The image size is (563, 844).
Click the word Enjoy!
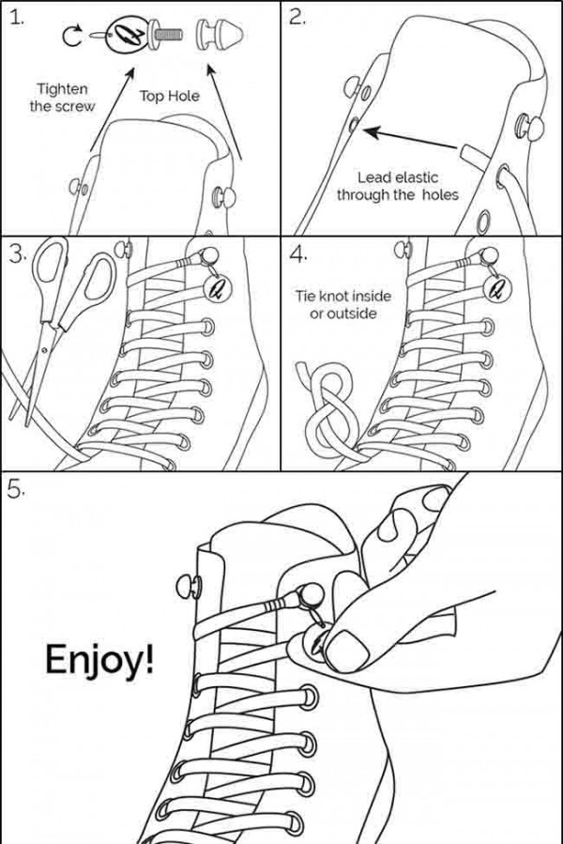[x=98, y=660]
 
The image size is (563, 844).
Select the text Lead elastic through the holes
[x=398, y=186]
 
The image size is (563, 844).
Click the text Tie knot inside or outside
[x=342, y=304]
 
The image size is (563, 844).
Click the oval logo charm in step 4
[x=494, y=285]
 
